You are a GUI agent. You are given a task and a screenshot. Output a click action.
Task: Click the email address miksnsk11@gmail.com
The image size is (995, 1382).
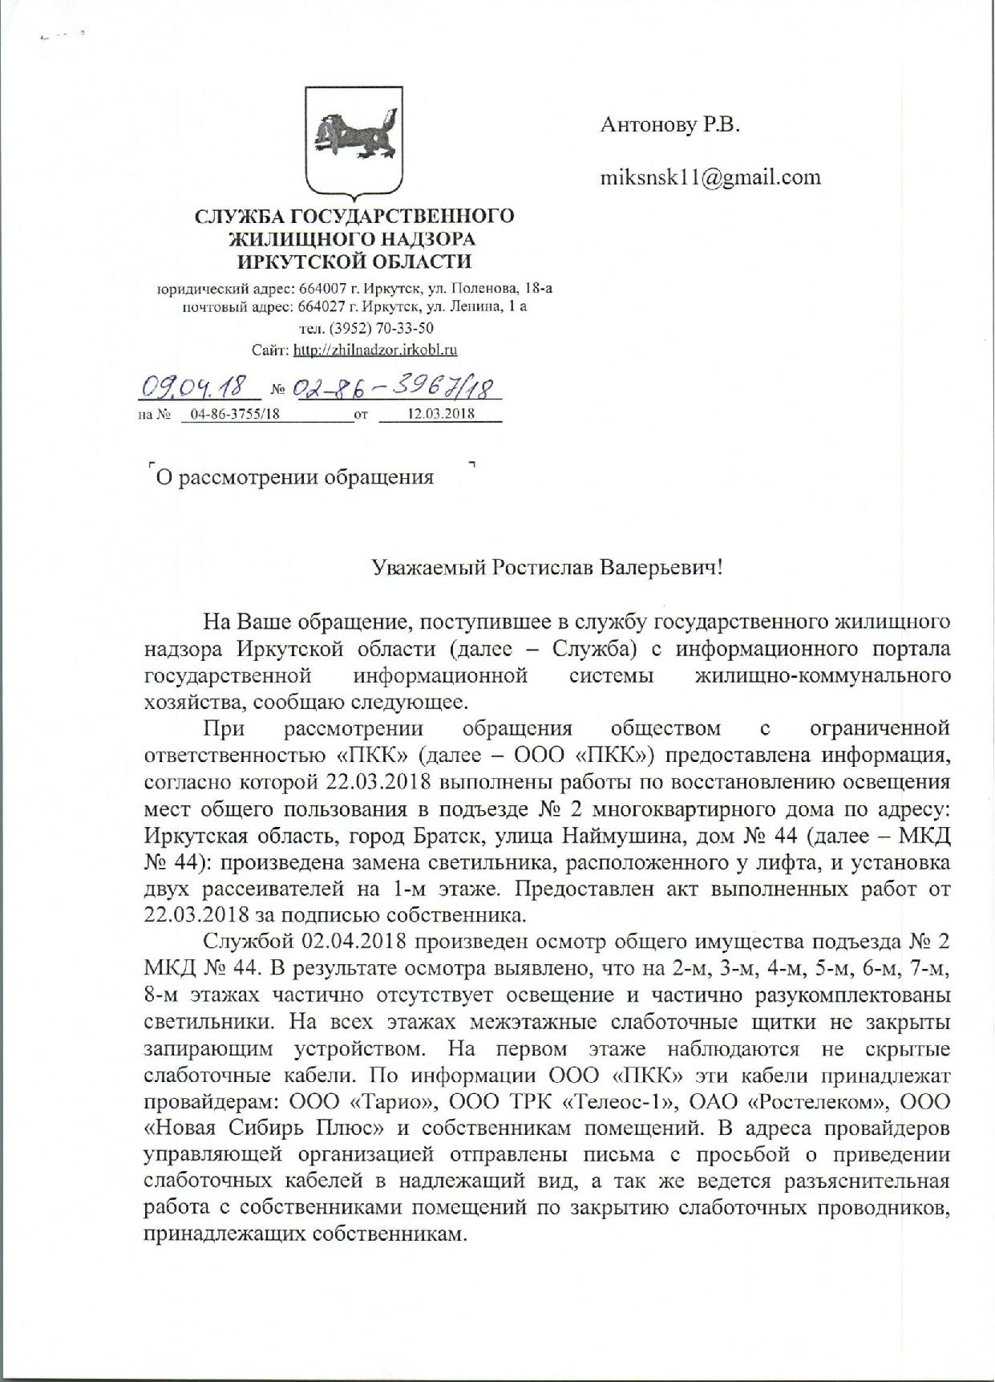(x=710, y=176)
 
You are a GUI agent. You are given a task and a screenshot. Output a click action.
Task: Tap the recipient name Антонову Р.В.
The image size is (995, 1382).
(x=669, y=125)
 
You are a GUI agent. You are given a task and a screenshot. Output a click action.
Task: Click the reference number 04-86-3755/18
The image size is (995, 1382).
(x=225, y=414)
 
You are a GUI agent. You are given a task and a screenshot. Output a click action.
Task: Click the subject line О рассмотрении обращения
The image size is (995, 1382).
(x=294, y=478)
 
